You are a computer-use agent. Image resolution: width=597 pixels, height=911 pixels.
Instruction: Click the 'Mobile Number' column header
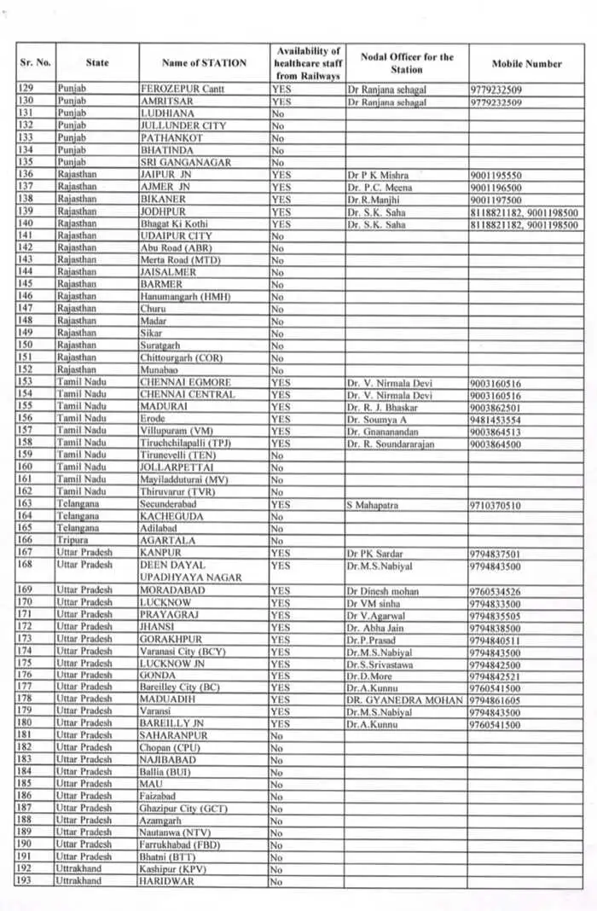point(526,63)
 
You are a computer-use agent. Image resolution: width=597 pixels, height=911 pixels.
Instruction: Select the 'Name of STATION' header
point(204,63)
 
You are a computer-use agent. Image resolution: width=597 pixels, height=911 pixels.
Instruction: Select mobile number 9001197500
point(496,200)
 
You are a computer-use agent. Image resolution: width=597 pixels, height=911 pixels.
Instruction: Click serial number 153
point(24,383)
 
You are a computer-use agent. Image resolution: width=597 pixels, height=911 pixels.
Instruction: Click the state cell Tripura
point(72,540)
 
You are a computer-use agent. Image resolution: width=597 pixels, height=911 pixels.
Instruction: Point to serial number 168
point(24,565)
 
